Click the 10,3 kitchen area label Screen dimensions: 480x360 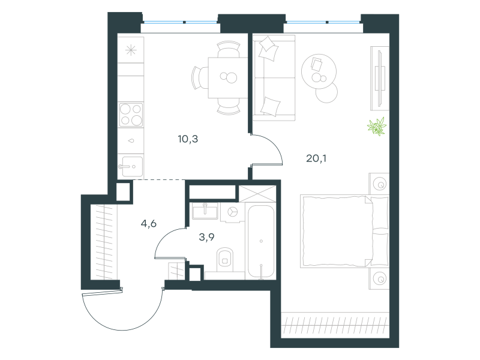click(188, 139)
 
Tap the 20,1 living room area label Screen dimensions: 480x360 click(316, 158)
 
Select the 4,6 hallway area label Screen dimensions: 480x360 click(149, 224)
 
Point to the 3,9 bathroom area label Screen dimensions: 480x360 click(206, 237)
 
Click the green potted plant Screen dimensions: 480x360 click(377, 127)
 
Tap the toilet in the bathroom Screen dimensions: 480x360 click(224, 260)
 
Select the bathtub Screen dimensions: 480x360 click(261, 242)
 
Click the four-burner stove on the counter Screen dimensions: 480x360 click(131, 115)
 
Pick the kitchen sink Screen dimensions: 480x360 click(131, 167)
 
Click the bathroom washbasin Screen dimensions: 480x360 click(205, 211)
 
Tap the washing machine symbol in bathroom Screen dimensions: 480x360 click(233, 212)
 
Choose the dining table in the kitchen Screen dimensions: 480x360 click(228, 78)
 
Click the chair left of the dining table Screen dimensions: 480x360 click(199, 78)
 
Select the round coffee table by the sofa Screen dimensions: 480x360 click(319, 71)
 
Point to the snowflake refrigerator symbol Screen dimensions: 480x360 click(131, 50)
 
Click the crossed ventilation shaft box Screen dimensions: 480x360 click(257, 194)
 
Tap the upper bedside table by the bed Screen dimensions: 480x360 click(379, 184)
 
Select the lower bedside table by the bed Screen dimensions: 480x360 click(379, 279)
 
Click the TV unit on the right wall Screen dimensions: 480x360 click(380, 79)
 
